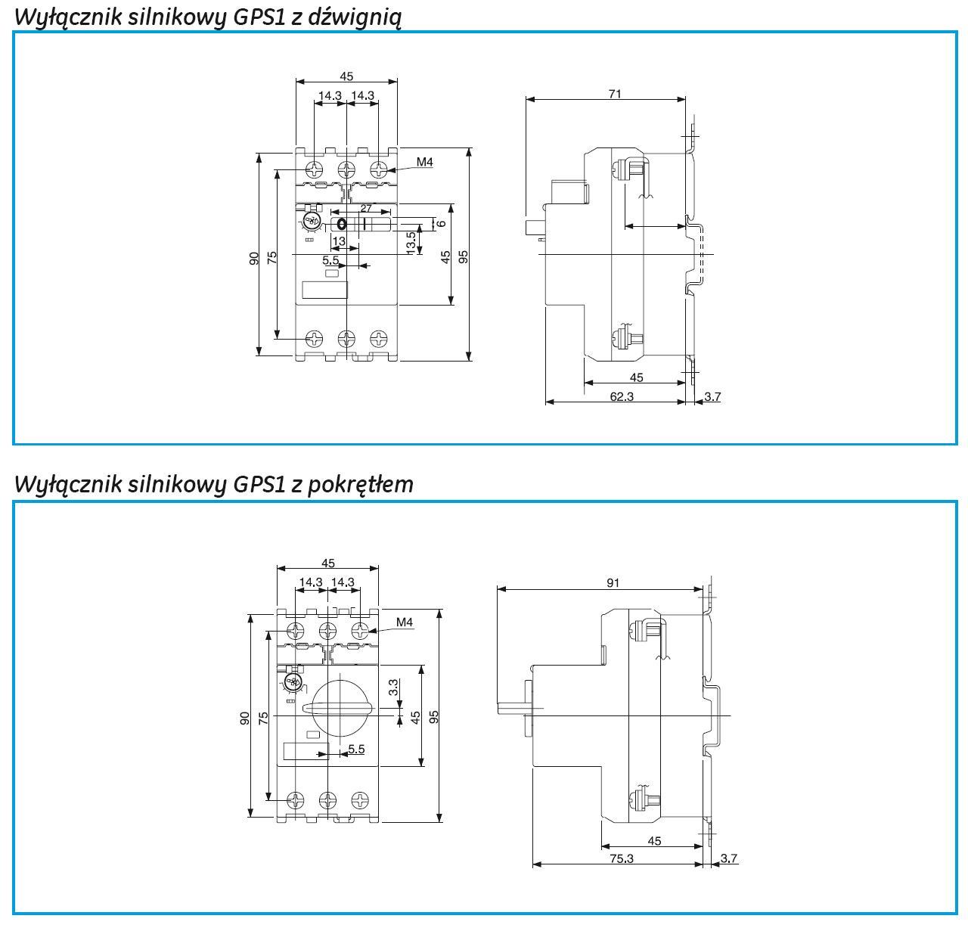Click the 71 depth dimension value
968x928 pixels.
pyautogui.click(x=615, y=94)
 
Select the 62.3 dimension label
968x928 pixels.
pyautogui.click(x=620, y=396)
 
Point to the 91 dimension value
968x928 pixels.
pyautogui.click(x=613, y=582)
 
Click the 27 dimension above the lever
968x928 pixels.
pyautogui.click(x=365, y=208)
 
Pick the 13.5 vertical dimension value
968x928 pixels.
pyautogui.click(x=411, y=243)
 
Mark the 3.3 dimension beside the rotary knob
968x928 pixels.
pyautogui.click(x=393, y=687)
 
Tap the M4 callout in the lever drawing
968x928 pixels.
pyautogui.click(x=424, y=161)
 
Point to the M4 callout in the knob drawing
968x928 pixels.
pyautogui.click(x=405, y=622)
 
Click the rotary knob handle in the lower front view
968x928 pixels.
pyautogui.click(x=337, y=708)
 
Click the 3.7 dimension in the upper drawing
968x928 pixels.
pyautogui.click(x=712, y=396)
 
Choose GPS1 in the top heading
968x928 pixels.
pyautogui.click(x=260, y=17)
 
